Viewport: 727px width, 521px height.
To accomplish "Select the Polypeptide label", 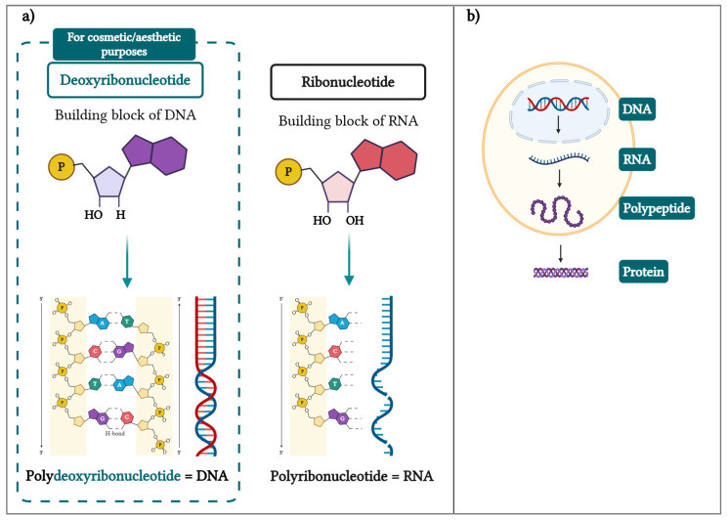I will click(656, 209).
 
